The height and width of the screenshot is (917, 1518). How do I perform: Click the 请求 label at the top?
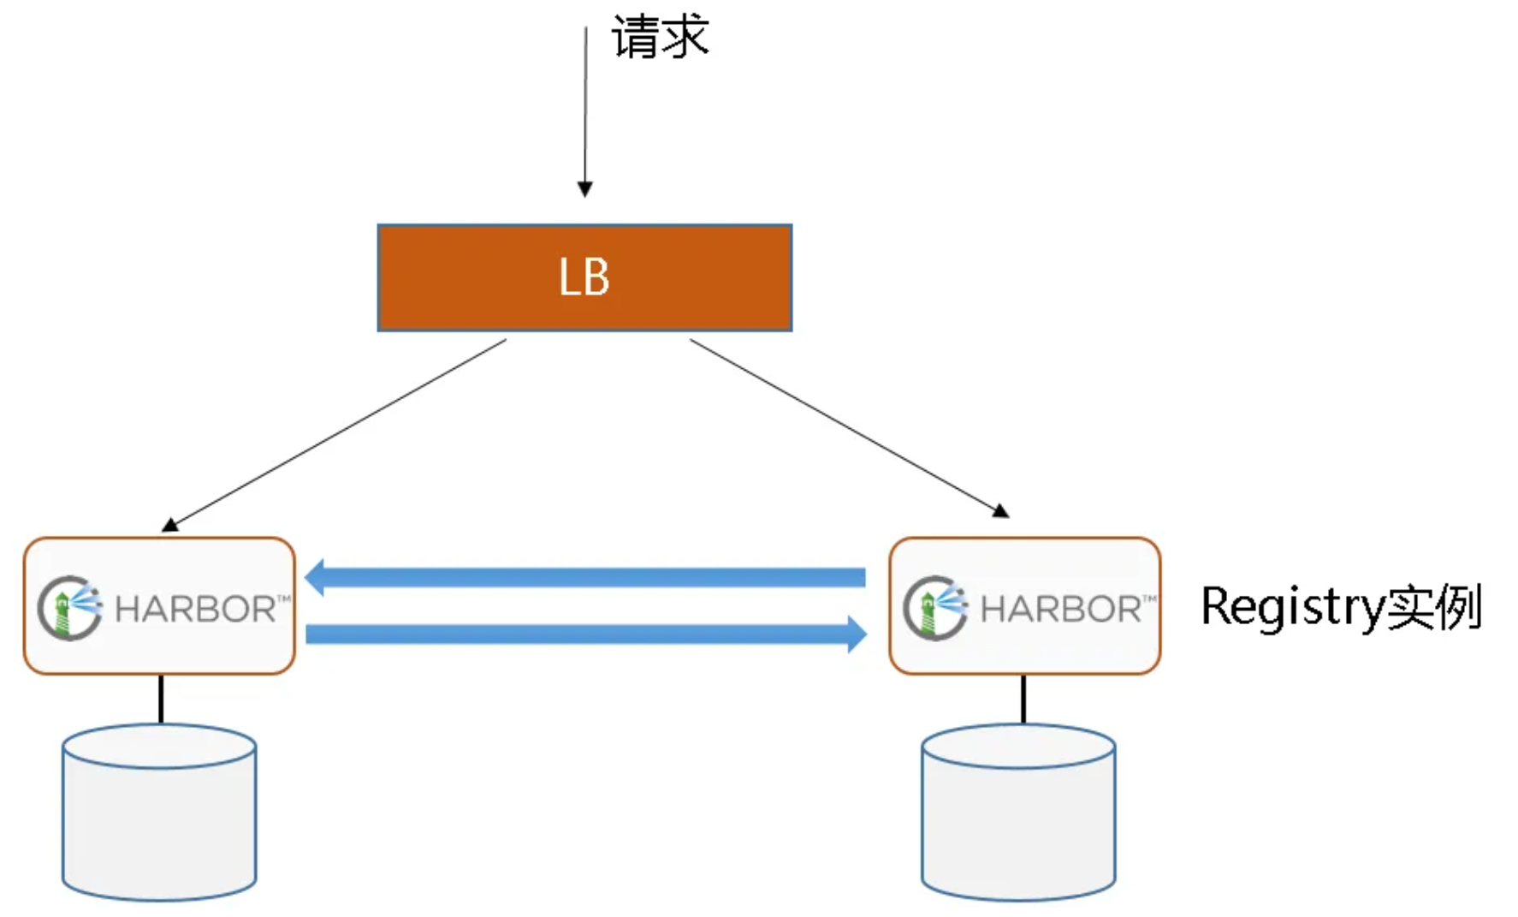[660, 38]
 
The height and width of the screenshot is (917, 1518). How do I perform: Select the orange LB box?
[479, 277]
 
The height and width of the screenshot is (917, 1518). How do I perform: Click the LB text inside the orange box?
[584, 277]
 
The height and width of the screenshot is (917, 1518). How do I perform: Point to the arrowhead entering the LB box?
[585, 189]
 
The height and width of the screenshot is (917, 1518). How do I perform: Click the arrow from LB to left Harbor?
[338, 432]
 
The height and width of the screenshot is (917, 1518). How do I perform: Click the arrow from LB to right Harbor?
[847, 427]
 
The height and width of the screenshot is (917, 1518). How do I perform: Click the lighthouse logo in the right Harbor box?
[935, 608]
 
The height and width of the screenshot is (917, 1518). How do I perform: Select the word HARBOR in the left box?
[196, 610]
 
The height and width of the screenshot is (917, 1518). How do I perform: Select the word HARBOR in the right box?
[1061, 610]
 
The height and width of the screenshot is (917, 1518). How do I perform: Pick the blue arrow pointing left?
[585, 577]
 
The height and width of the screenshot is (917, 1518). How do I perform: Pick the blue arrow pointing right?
[585, 634]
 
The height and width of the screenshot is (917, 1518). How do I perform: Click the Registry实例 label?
[1341, 607]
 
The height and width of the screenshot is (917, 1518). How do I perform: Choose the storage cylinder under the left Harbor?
[159, 813]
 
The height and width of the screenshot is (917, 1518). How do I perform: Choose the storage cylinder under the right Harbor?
[1018, 813]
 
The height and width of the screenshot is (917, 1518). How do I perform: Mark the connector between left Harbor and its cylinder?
[161, 700]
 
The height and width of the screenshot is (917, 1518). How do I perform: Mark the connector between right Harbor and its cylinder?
[1023, 700]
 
